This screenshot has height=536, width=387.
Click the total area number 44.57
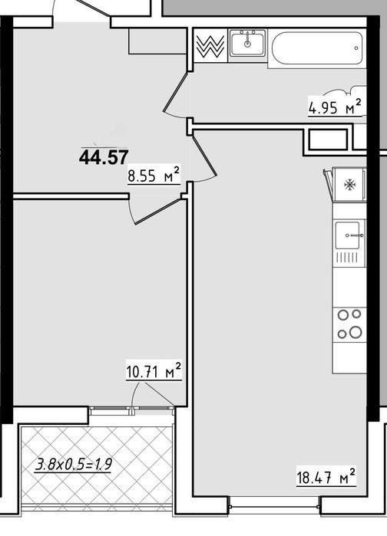tap(104, 158)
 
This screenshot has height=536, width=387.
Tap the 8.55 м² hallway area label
tap(154, 175)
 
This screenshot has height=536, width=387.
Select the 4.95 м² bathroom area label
tap(335, 107)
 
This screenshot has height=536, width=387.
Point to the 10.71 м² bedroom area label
tap(154, 371)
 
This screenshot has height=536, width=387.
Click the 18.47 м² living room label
tap(326, 476)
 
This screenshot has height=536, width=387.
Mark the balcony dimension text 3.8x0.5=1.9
tap(74, 465)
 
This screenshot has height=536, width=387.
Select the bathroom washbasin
tap(247, 43)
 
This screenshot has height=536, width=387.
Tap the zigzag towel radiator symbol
tap(211, 45)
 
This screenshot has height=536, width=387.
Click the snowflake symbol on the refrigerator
tap(349, 185)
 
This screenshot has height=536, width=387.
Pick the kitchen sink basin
tap(348, 235)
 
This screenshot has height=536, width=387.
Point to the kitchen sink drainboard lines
tap(347, 258)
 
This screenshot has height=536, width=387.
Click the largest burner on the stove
tap(356, 331)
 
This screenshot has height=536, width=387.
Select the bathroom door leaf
tap(176, 91)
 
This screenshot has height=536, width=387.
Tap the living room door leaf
tap(204, 156)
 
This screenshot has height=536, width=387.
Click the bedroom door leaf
tap(158, 212)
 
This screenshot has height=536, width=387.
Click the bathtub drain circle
tap(356, 48)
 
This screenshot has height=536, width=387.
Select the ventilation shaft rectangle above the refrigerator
tap(328, 139)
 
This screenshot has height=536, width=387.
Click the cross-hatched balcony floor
tap(96, 469)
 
